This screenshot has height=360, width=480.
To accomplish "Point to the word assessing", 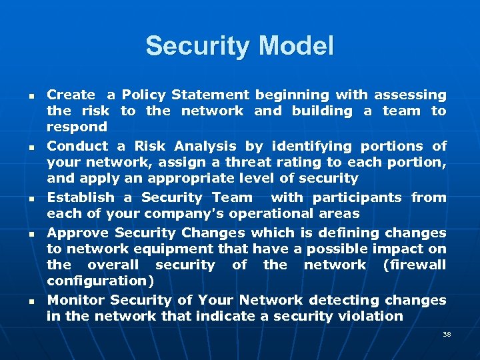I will pyautogui.click(x=409, y=95).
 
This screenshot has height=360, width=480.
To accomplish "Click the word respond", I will pyautogui.click(x=77, y=127).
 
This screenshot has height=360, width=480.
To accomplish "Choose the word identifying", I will pyautogui.click(x=307, y=146).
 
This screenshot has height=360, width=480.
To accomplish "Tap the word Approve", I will pyautogui.click(x=77, y=233).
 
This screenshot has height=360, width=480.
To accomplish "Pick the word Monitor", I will pyautogui.click(x=75, y=300).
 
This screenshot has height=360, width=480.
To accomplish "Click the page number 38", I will pyautogui.click(x=447, y=334).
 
